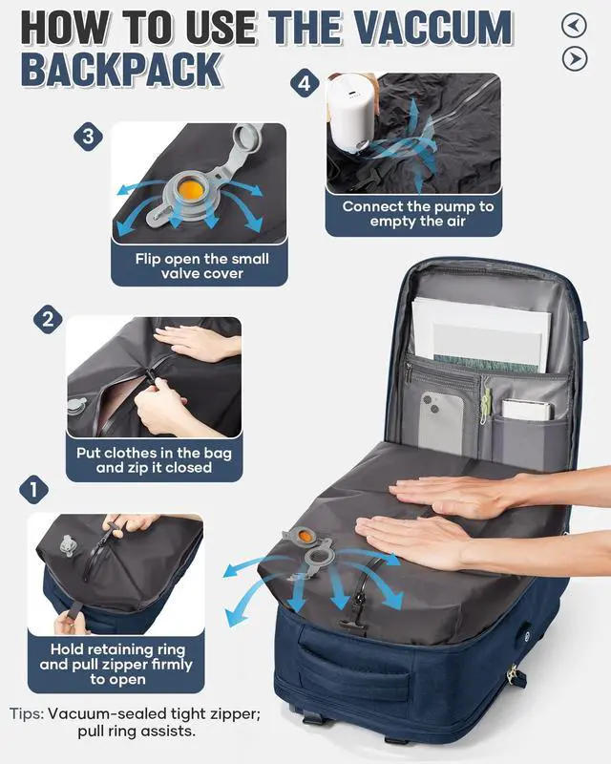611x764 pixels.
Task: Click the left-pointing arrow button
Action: [574, 26]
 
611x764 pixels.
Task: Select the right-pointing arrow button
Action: [574, 59]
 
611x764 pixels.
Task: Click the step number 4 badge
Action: [304, 84]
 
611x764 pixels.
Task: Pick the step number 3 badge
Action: [88, 137]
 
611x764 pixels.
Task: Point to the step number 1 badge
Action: [33, 491]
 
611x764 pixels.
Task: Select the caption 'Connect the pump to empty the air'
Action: [418, 214]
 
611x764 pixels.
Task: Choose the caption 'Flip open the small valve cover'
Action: [201, 265]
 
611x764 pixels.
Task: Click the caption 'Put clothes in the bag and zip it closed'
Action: [154, 460]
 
